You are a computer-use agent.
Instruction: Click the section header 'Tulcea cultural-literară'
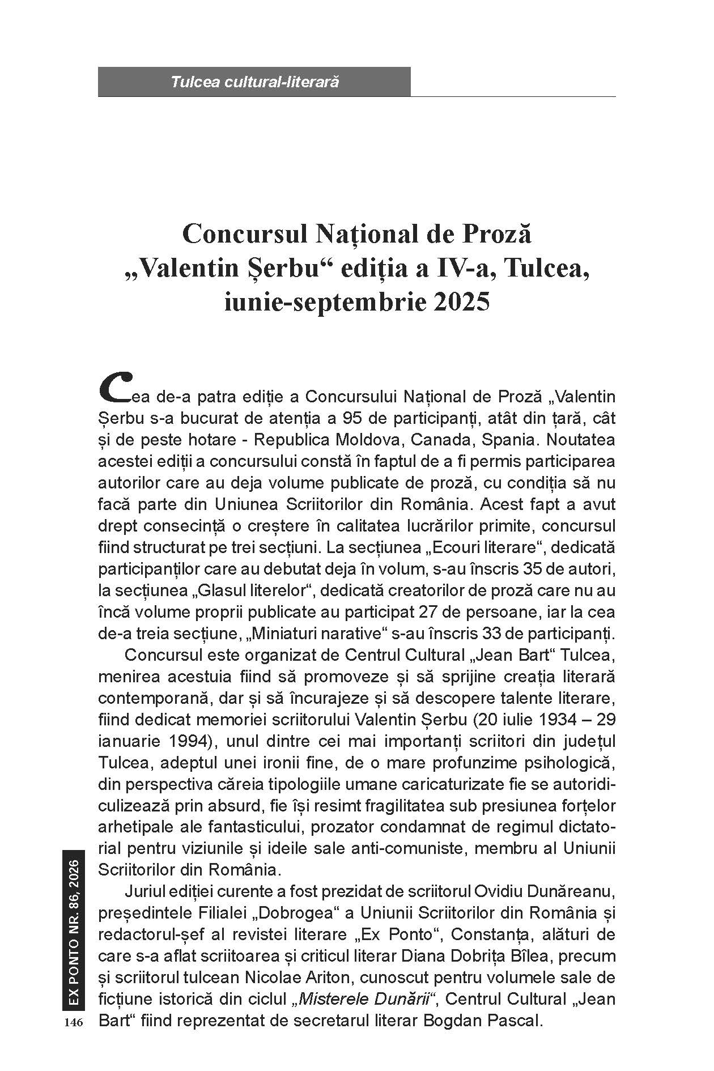pos(254,82)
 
